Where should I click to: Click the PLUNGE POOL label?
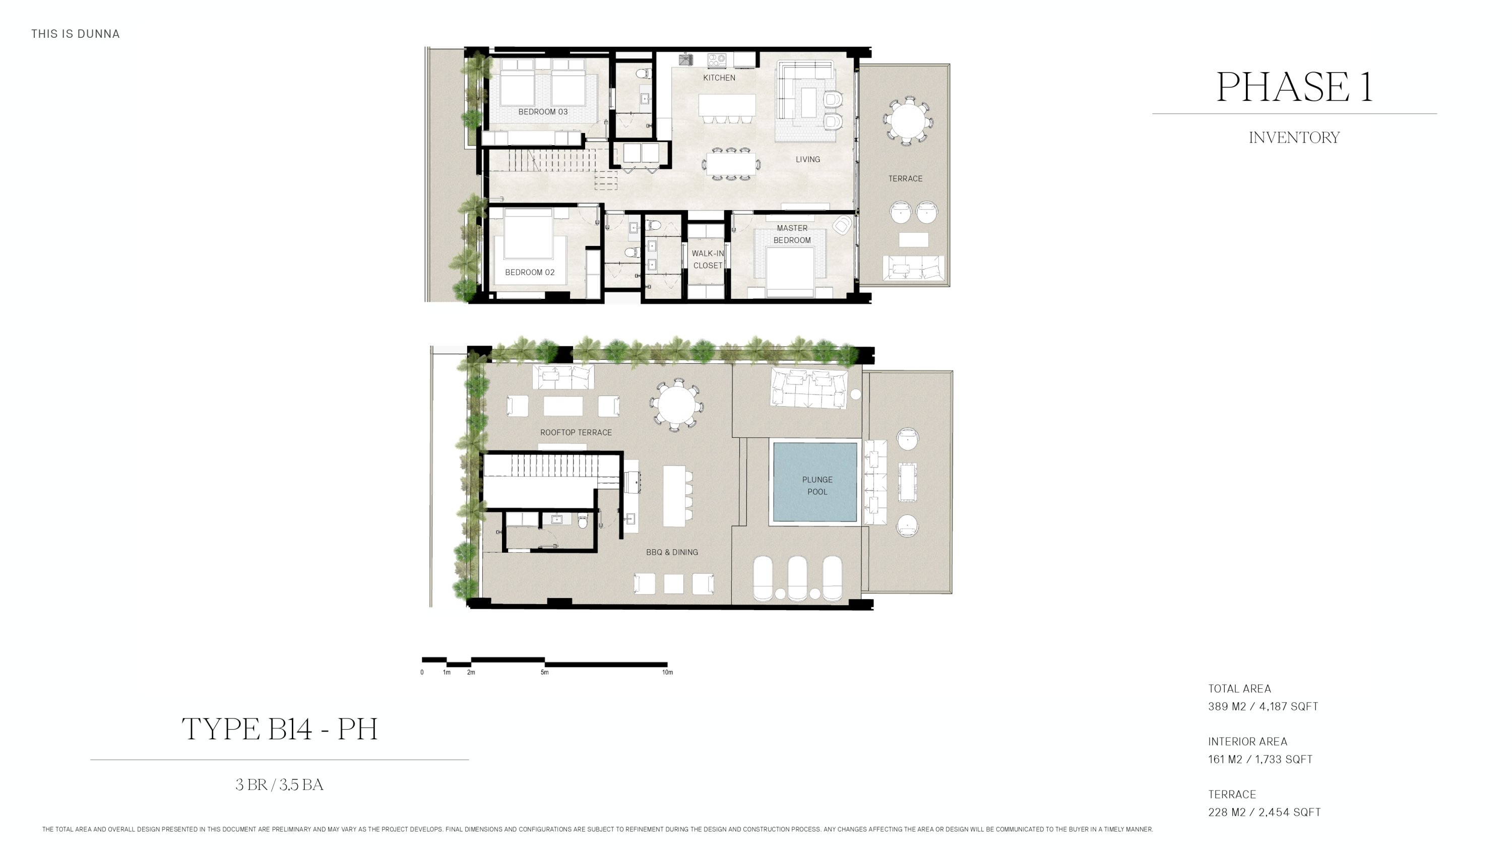tap(816, 486)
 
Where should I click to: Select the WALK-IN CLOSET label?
tap(707, 259)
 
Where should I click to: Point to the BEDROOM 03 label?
tap(542, 111)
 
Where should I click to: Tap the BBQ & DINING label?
tap(671, 552)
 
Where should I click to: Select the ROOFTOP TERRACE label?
tap(575, 432)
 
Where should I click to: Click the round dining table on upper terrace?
tap(907, 121)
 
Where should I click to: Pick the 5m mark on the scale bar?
tap(545, 672)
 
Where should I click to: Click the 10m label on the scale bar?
tap(667, 672)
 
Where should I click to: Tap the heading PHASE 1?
tap(1294, 87)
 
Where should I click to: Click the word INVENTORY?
tap(1294, 137)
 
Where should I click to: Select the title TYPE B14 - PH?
tap(279, 729)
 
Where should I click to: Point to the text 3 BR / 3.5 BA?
tap(279, 785)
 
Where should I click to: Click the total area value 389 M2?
tap(1227, 706)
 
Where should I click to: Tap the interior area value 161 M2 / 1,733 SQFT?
tap(1259, 759)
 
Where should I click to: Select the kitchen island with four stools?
tap(727, 106)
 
